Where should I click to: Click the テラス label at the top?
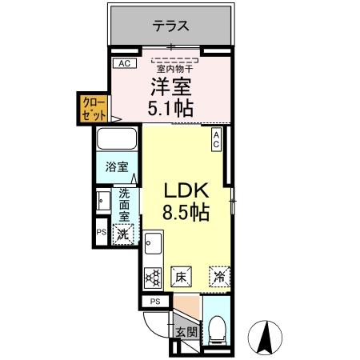171,26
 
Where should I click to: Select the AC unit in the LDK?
217,140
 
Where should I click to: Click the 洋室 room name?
171,86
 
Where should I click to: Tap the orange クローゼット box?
94,109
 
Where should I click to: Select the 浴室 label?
118,167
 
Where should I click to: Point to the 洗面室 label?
125,205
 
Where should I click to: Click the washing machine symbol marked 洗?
122,234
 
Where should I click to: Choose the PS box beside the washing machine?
101,232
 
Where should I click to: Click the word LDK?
186,190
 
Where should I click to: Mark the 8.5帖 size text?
187,214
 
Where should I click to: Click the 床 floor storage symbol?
182,277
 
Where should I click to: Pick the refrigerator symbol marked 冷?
218,277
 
